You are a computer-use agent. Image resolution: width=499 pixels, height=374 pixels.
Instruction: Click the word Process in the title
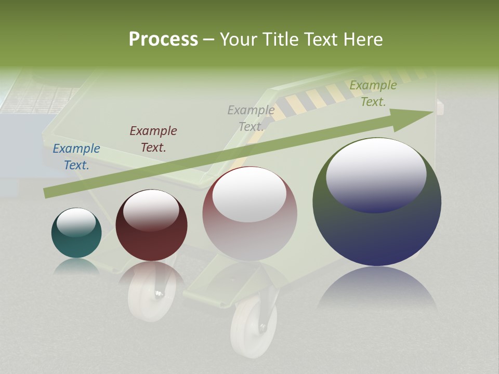pyautogui.click(x=163, y=39)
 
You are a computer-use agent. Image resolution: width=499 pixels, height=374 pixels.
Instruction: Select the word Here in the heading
pyautogui.click(x=362, y=39)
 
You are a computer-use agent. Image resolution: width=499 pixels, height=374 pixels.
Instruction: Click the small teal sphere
pyautogui.click(x=76, y=233)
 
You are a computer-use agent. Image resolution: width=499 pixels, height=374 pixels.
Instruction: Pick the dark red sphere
pyautogui.click(x=151, y=225)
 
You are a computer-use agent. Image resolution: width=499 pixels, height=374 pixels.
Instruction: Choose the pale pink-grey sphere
pyautogui.click(x=249, y=214)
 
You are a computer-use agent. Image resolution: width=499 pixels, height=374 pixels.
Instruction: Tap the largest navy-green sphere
pyautogui.click(x=377, y=202)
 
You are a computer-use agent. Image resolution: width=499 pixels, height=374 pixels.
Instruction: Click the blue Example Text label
pyautogui.click(x=76, y=157)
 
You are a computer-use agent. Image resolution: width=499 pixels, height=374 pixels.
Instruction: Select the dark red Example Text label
pyautogui.click(x=153, y=139)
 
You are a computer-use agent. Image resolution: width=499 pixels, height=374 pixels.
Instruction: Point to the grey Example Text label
pyautogui.click(x=251, y=118)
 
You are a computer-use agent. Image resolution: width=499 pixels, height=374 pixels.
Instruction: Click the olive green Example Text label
pyautogui.click(x=373, y=94)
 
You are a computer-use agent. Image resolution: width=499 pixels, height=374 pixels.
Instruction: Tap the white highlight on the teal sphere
pyautogui.click(x=76, y=222)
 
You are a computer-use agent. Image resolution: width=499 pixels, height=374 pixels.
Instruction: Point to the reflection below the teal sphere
pyautogui.click(x=76, y=266)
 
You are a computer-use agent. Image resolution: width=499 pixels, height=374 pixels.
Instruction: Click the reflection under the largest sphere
pyautogui.click(x=377, y=289)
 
